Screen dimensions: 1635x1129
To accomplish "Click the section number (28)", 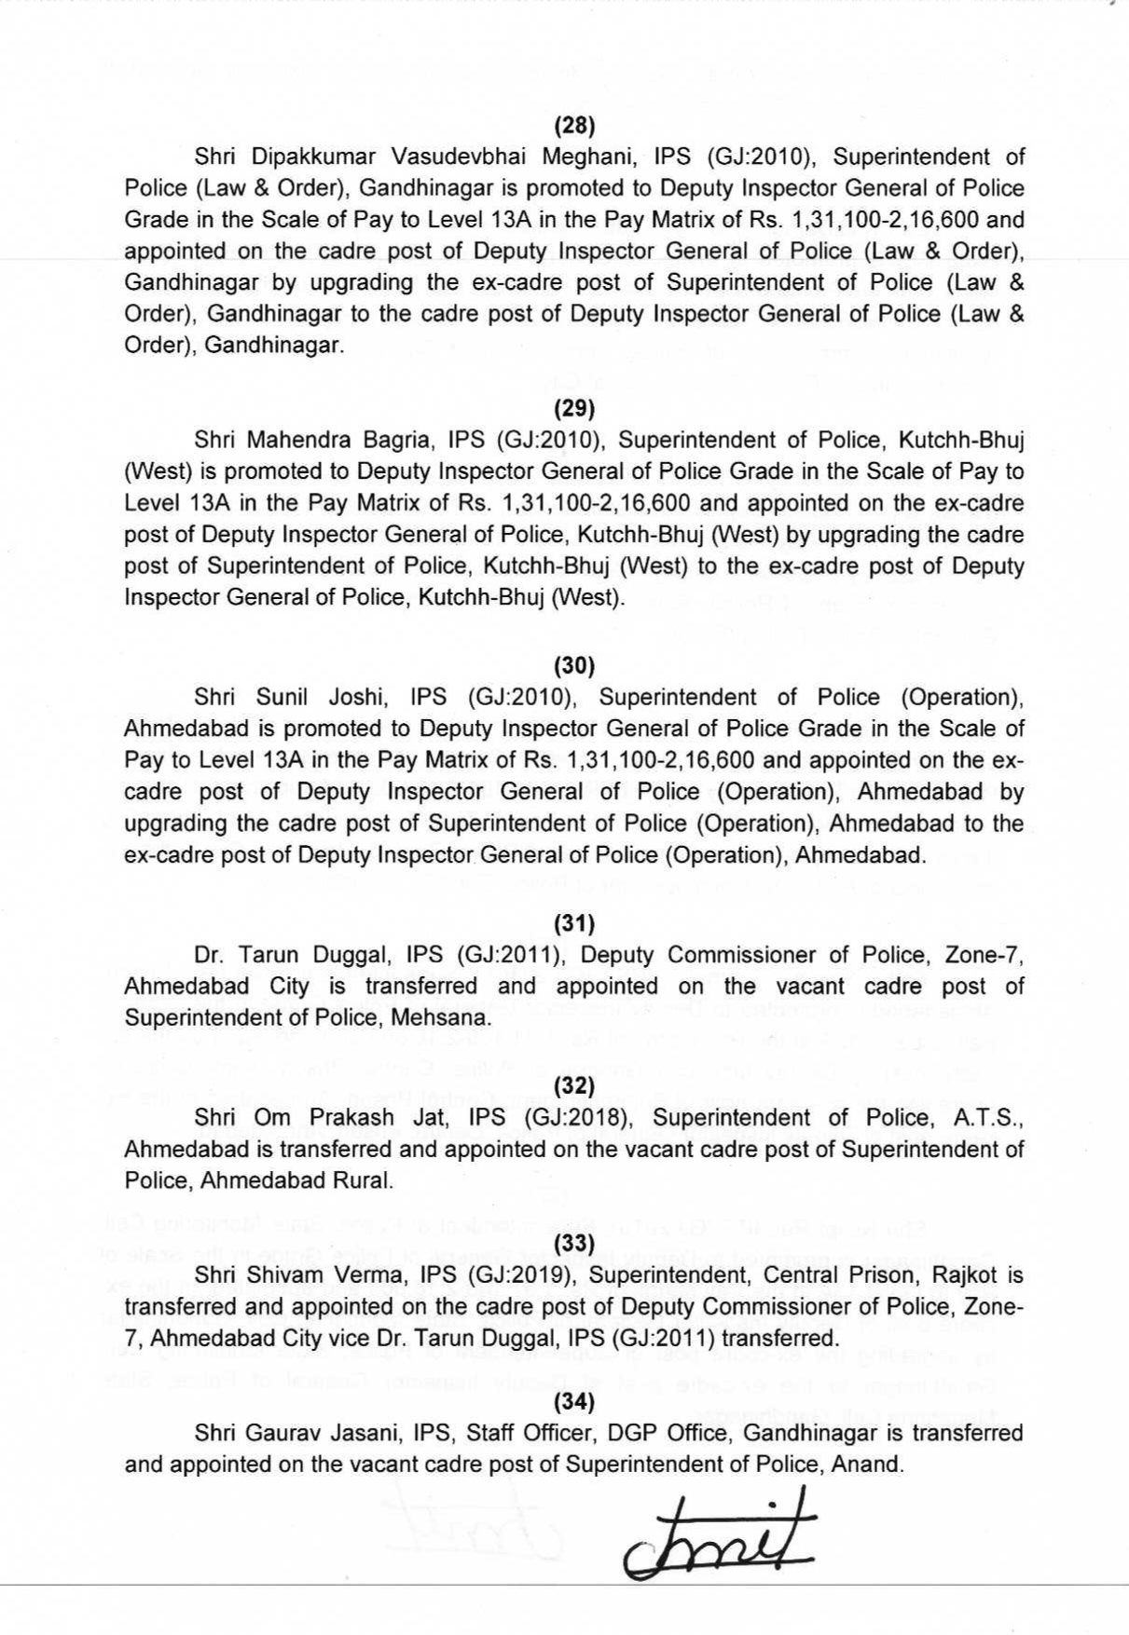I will coord(574,125).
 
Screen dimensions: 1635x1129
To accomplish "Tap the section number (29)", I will coord(574,408).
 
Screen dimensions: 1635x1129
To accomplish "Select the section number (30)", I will coord(574,665).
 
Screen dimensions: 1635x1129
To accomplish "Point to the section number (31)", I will coord(574,923).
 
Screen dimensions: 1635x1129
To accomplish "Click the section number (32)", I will coord(574,1085).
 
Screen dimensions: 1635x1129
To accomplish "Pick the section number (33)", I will coord(574,1243).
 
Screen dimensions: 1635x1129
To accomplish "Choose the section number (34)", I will coord(574,1401).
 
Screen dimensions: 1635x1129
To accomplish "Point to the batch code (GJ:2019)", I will coord(530,1274).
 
